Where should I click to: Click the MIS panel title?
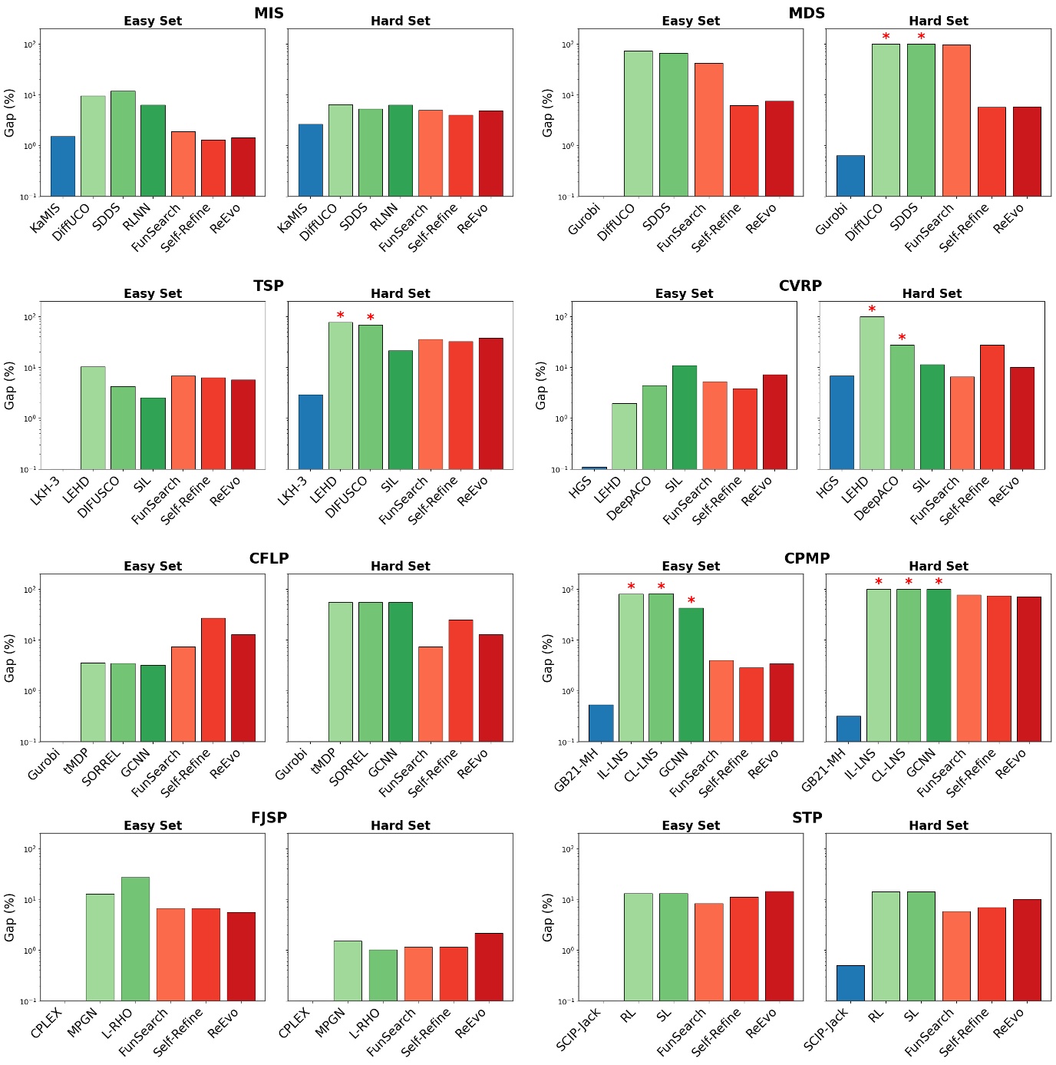click(269, 13)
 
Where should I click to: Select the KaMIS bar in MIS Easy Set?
click(63, 166)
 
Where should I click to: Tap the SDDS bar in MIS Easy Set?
click(123, 144)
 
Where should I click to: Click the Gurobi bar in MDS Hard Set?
click(850, 176)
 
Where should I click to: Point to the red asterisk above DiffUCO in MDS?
click(886, 37)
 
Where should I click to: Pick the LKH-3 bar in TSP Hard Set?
click(310, 432)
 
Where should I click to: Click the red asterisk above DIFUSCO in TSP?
click(370, 318)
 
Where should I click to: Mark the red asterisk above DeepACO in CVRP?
click(902, 338)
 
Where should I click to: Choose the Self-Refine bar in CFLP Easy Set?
click(213, 680)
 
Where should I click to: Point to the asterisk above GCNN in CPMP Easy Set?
click(691, 600)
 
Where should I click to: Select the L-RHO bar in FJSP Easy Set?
click(135, 938)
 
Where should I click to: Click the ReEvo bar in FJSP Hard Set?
click(489, 967)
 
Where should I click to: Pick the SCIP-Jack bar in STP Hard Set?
click(850, 983)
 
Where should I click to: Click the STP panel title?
click(807, 818)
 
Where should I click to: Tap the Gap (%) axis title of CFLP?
click(10, 658)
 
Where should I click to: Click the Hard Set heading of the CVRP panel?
click(932, 293)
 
